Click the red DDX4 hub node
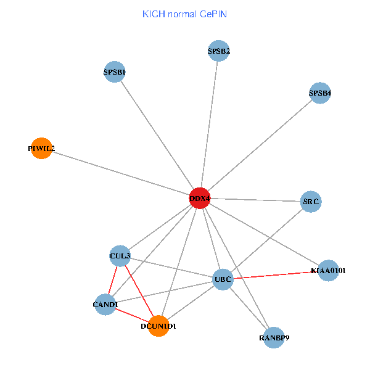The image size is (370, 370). coord(199,198)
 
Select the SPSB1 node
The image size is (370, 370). coord(115,72)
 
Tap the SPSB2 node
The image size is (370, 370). coord(219,51)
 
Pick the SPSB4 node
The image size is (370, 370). coord(320,93)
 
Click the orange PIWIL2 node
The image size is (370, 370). coord(41,148)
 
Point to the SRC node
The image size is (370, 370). coord(311,202)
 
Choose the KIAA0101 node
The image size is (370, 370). coord(328,270)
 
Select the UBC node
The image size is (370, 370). coord(223,279)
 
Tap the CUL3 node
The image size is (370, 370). coord(120,255)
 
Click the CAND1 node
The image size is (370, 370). coord(105,304)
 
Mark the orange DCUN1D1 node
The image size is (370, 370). coord(158,326)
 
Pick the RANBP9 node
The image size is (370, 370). coord(274,337)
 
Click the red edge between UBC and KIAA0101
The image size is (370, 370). coord(275,275)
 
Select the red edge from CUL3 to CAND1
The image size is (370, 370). coord(113,279)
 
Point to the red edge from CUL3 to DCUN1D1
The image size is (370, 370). coord(139,290)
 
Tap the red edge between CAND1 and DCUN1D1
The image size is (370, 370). coord(132,314)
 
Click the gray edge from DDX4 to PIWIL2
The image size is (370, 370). coord(120,173)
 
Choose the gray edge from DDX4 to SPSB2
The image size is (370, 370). coord(209,124)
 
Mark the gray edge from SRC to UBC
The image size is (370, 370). coord(266,240)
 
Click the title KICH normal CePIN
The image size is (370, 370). coord(184,14)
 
